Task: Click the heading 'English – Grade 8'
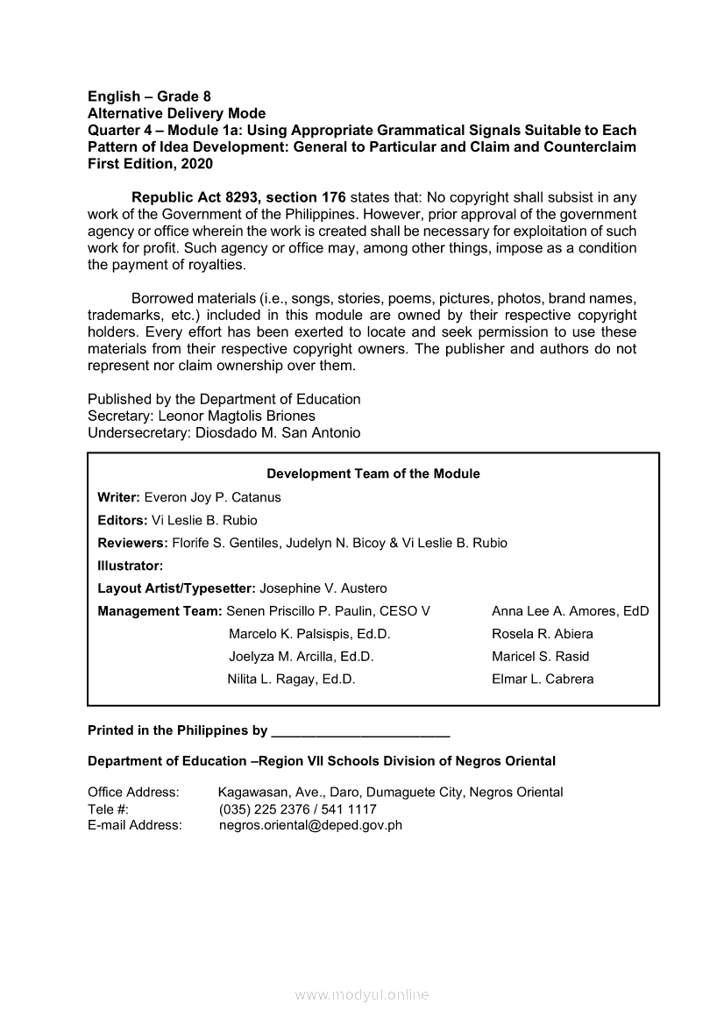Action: [x=149, y=96]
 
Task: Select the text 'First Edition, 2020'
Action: [x=150, y=163]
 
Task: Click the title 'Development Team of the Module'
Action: [x=373, y=473]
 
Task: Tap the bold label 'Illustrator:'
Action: [x=131, y=566]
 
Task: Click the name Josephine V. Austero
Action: [x=323, y=588]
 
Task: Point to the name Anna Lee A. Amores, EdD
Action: [x=570, y=611]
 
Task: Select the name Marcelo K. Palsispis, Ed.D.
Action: [x=309, y=634]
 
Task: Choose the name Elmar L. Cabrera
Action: [x=543, y=679]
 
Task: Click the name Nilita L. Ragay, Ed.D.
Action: [x=291, y=679]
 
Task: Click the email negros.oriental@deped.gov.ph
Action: [x=310, y=825]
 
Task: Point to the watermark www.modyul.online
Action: [x=362, y=995]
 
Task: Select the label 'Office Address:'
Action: [x=133, y=793]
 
